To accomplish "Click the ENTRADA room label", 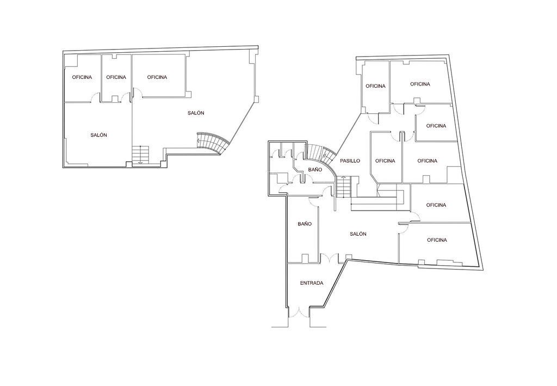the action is pos(312,283).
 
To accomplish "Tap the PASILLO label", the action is pos(350,161).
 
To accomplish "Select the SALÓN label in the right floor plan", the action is pos(358,234).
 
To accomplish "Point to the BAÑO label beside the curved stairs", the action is pos(315,169).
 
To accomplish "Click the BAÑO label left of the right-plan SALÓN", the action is pos(305,224).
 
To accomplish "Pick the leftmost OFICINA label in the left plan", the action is pos(82,77).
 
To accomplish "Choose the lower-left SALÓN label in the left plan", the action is pos(99,135).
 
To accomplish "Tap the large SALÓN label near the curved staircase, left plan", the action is pos(196,113).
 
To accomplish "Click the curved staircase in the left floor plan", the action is pos(213,142).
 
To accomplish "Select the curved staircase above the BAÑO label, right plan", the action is pos(321,154).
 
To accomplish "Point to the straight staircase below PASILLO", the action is pos(344,187).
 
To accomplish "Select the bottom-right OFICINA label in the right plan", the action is pos(437,240).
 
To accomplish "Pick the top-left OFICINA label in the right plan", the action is pos(375,86).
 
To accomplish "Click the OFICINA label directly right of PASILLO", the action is pos(385,161).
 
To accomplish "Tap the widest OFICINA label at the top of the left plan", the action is pos(157,77).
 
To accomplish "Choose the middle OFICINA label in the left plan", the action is pos(116,77).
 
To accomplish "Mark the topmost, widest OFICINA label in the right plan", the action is pos(420,84).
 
